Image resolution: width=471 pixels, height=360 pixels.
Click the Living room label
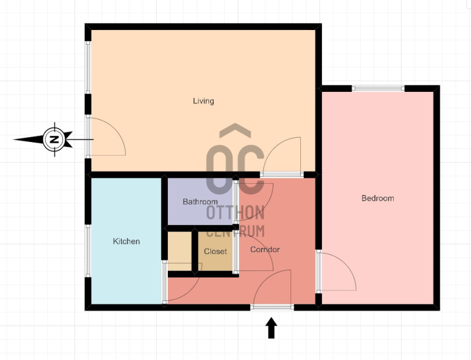point(203,101)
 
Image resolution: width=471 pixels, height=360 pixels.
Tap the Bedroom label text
point(377,198)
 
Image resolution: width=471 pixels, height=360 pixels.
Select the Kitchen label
point(126,241)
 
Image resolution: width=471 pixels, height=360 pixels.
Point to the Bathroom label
point(200,202)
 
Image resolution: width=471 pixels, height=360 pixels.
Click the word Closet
point(215,251)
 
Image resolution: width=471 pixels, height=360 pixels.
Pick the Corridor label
point(264,249)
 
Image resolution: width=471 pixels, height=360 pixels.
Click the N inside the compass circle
point(54,140)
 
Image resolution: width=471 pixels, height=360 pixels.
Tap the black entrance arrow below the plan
point(271,328)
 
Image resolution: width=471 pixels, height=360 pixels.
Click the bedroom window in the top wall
point(378,88)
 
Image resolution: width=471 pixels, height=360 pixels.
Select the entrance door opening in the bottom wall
point(272,307)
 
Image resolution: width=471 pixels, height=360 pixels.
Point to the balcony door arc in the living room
point(114,129)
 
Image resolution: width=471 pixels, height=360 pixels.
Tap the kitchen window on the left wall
point(88,250)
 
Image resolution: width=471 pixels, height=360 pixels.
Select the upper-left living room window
point(88,67)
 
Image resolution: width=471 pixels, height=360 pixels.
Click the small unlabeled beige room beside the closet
point(180,251)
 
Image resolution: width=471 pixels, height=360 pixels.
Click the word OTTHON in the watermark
point(235,213)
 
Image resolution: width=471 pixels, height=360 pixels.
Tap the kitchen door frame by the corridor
point(165,282)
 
